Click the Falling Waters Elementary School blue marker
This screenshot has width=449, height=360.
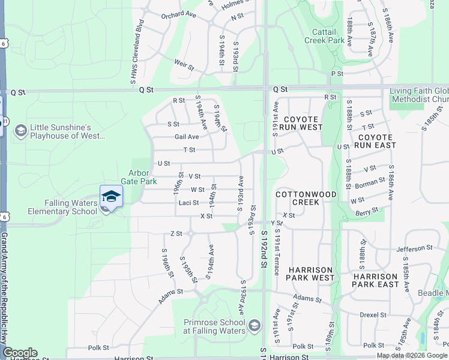(x=111, y=196)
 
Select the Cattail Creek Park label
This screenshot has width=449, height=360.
(x=328, y=36)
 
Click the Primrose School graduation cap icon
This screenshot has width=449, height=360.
(x=254, y=326)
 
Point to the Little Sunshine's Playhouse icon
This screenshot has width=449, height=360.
(x=20, y=131)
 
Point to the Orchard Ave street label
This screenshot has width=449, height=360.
(x=179, y=14)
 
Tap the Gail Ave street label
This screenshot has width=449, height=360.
(x=187, y=137)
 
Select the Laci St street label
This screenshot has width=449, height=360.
(x=188, y=203)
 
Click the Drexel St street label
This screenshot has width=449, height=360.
(x=373, y=314)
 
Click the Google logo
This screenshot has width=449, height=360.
(x=20, y=353)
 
